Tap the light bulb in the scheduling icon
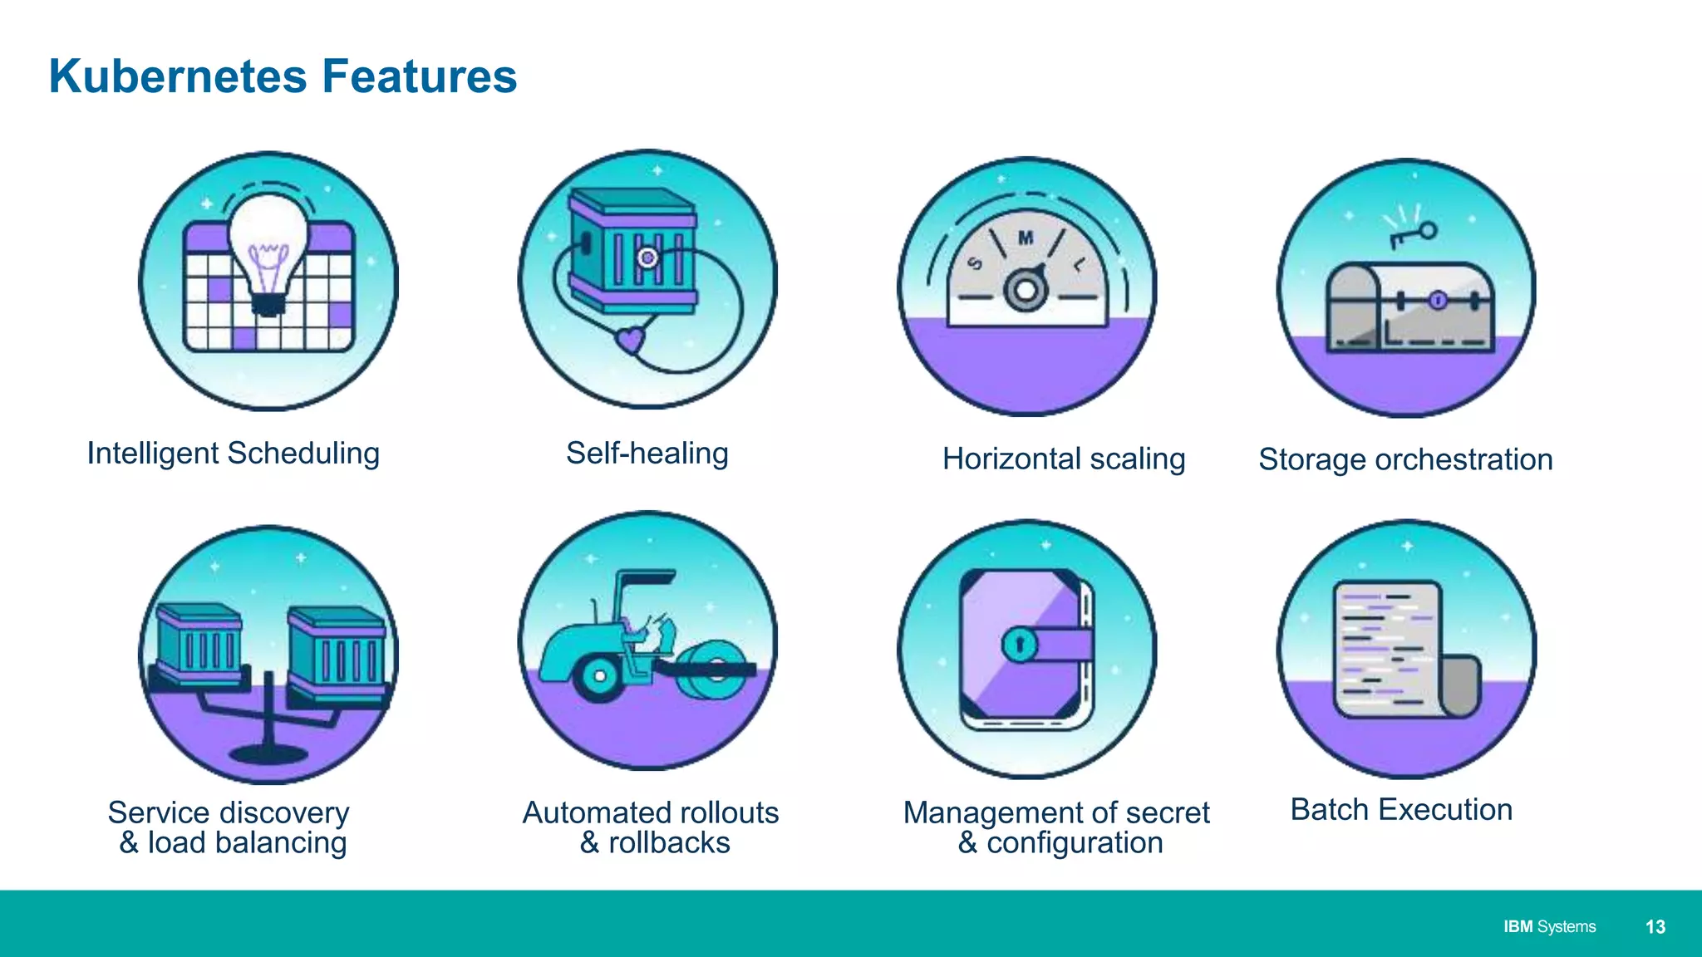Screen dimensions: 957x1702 point(268,241)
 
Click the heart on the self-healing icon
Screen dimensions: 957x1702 point(630,339)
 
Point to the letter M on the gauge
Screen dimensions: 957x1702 point(1026,238)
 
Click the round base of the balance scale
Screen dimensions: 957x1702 point(268,753)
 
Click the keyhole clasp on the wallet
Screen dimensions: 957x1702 point(1020,644)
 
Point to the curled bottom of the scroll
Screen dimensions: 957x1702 point(1460,686)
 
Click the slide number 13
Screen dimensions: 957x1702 point(1655,927)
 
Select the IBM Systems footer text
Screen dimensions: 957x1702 point(1549,927)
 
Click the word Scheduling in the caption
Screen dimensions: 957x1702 point(303,454)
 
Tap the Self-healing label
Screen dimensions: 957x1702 point(647,454)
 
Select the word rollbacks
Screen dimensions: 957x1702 point(669,843)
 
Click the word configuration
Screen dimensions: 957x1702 point(1074,843)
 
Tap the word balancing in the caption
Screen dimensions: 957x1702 point(280,843)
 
